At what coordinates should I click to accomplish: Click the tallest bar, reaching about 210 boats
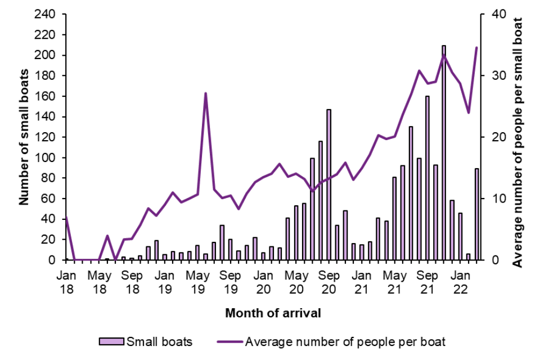click(444, 152)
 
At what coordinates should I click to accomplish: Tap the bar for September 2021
click(427, 178)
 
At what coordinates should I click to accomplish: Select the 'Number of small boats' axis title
click(24, 137)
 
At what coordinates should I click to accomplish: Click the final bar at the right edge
click(477, 214)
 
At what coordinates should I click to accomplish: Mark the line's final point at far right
click(477, 48)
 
